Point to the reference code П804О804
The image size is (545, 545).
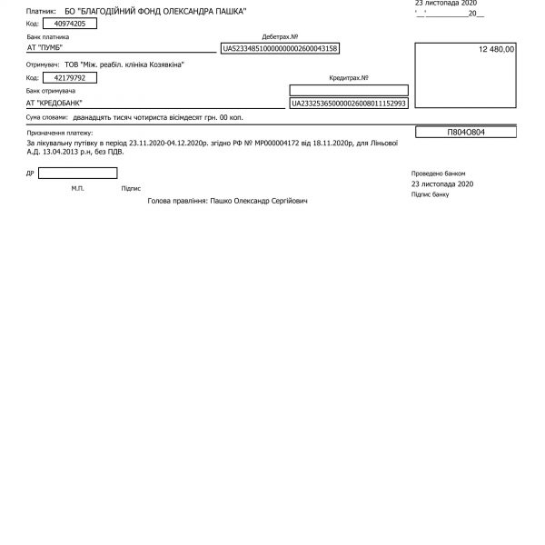[465, 132]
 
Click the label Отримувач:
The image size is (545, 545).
[44, 65]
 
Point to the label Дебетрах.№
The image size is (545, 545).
[279, 36]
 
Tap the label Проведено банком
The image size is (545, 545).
[437, 172]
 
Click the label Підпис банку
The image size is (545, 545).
[430, 193]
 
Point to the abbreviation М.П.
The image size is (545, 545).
[77, 188]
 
